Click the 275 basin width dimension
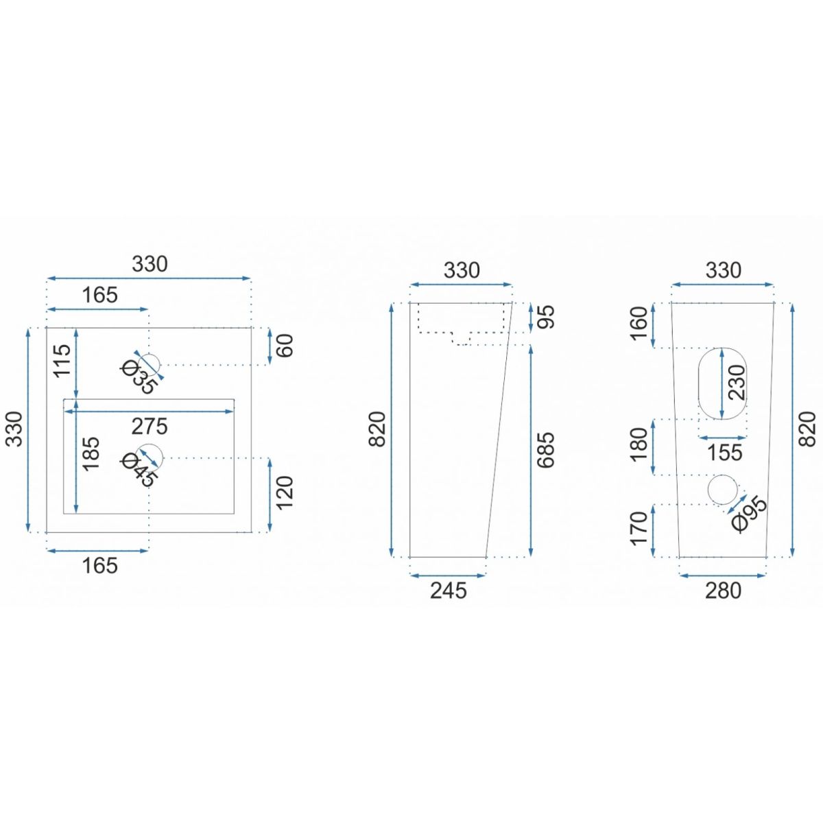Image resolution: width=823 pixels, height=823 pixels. pos(150,426)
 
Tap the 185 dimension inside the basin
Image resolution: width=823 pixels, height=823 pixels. pos(91,453)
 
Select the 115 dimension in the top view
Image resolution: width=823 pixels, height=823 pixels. pos(62,360)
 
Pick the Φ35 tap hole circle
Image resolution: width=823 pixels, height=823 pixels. pos(150,365)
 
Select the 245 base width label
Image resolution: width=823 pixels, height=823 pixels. pos(449,591)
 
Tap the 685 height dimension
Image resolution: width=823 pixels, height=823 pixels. pos(546,450)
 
